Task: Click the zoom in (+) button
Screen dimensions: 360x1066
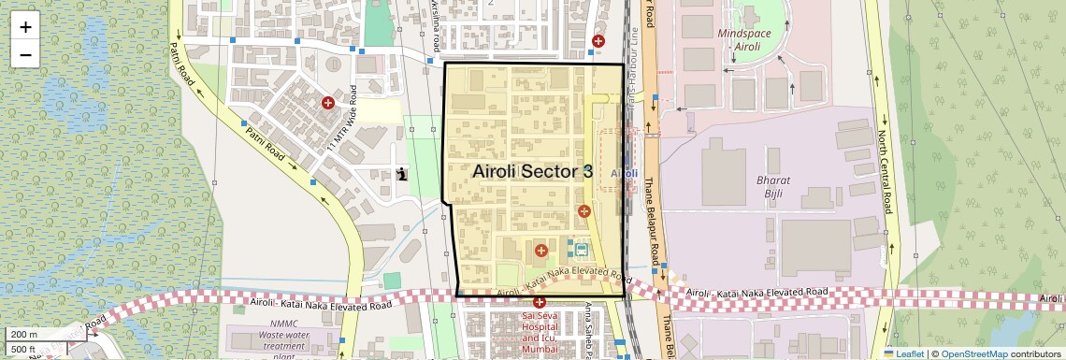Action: pos(25,27)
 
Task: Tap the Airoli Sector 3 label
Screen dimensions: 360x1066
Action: pos(532,171)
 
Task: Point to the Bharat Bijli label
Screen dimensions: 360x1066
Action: pos(773,186)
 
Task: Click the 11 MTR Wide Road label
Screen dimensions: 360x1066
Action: pos(342,120)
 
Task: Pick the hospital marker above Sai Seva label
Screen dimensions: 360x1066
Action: pos(540,302)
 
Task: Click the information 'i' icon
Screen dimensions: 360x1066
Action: pos(402,173)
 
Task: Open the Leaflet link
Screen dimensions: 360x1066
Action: pos(903,353)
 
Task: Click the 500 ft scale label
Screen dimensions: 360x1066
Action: pos(24,349)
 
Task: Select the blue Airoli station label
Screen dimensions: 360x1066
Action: pos(624,173)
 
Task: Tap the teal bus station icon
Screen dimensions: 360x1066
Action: pos(581,250)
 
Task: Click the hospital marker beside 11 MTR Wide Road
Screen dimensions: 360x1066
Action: pos(328,103)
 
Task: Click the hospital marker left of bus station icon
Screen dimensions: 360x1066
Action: pos(540,250)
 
